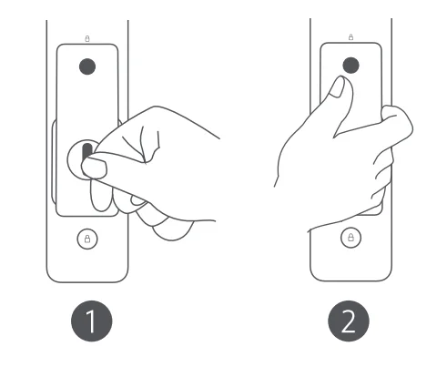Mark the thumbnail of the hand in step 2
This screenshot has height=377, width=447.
coord(336,87)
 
